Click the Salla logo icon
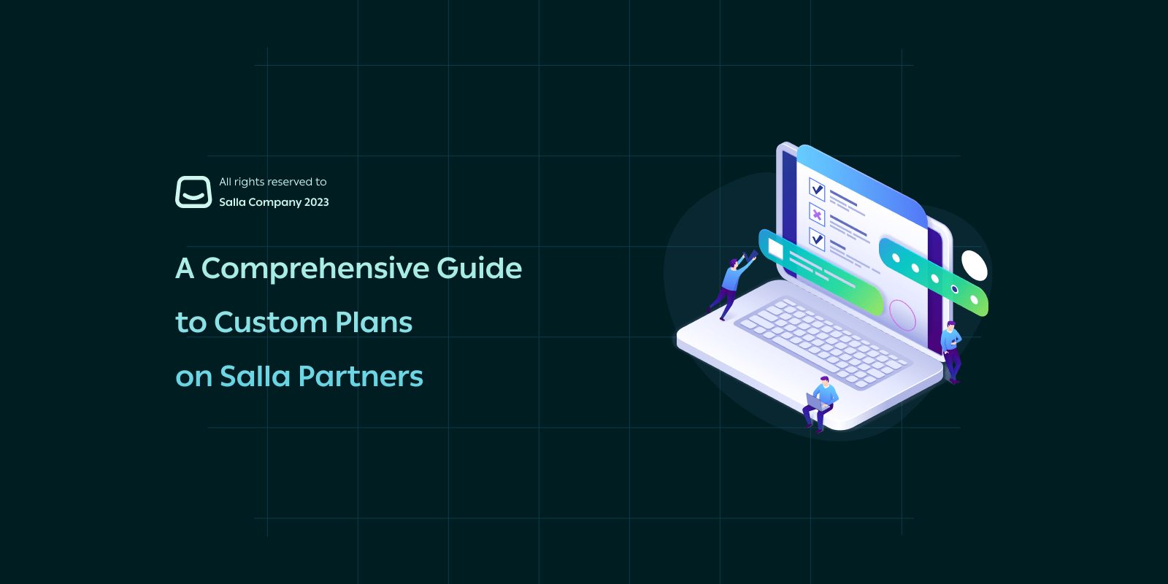click(x=193, y=192)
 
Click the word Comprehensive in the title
click(x=315, y=269)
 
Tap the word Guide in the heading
click(x=479, y=268)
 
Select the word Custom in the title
click(x=270, y=322)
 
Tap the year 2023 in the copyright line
click(x=317, y=202)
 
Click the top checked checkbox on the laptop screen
click(x=817, y=189)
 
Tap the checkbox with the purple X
click(x=817, y=215)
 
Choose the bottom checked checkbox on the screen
click(x=817, y=239)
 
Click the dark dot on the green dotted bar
click(x=954, y=289)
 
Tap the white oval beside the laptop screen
click(x=974, y=266)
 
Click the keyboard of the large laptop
click(x=822, y=342)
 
